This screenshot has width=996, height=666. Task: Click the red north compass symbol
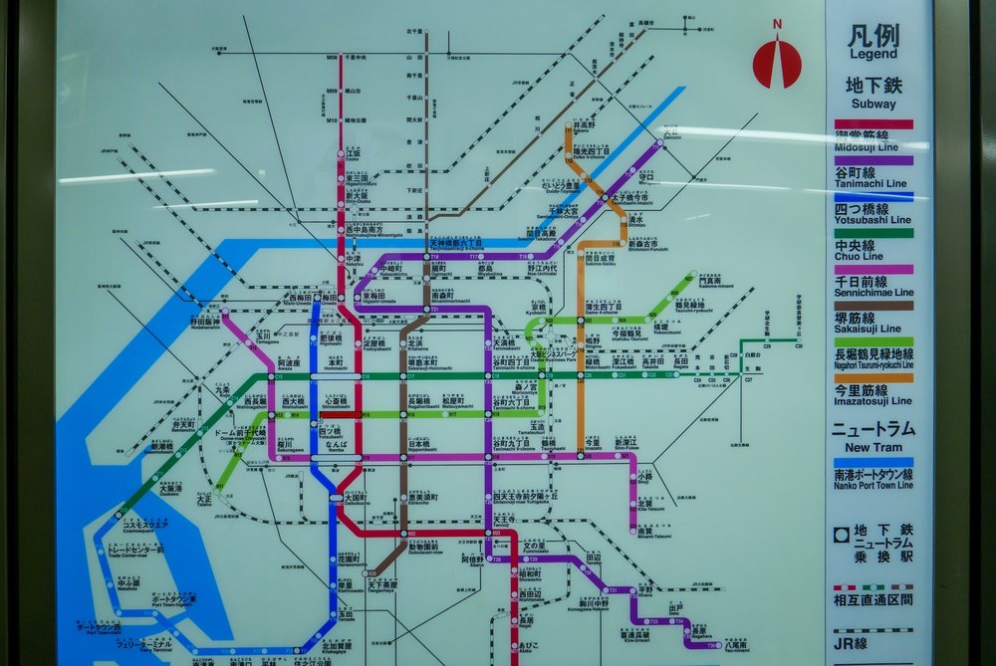pyautogui.click(x=777, y=62)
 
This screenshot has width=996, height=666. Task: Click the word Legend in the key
pyautogui.click(x=872, y=55)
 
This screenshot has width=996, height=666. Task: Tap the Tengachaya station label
pyautogui.click(x=384, y=585)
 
